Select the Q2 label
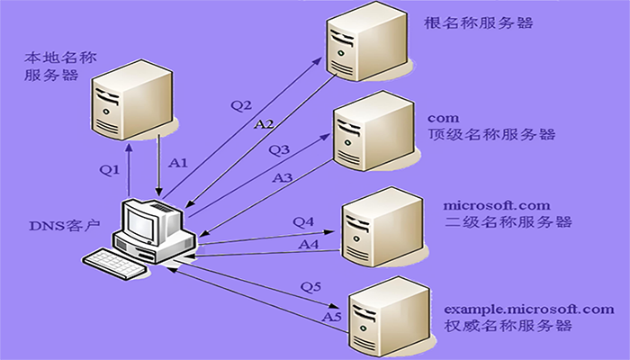tap(241, 105)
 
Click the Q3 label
tap(279, 148)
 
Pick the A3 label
tap(283, 178)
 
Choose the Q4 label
tap(303, 220)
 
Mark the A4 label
tap(309, 243)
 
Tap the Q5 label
tap(310, 287)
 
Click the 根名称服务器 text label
tap(478, 22)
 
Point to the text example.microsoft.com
tap(530, 309)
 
